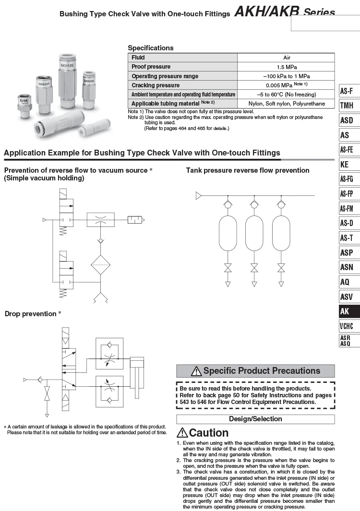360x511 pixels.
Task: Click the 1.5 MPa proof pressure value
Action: pos(286,67)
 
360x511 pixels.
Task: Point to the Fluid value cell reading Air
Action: pos(286,58)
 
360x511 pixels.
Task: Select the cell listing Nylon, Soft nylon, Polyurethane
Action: pos(286,104)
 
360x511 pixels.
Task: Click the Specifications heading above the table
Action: pos(151,48)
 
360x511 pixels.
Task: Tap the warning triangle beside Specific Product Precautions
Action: pos(196,371)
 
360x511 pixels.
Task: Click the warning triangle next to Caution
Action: pos(182,433)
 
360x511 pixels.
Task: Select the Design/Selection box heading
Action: pos(255,419)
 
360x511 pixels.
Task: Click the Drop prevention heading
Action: pos(30,314)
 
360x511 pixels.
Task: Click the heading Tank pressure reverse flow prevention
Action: pos(248,170)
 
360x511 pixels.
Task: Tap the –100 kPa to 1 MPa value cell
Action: pos(286,76)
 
